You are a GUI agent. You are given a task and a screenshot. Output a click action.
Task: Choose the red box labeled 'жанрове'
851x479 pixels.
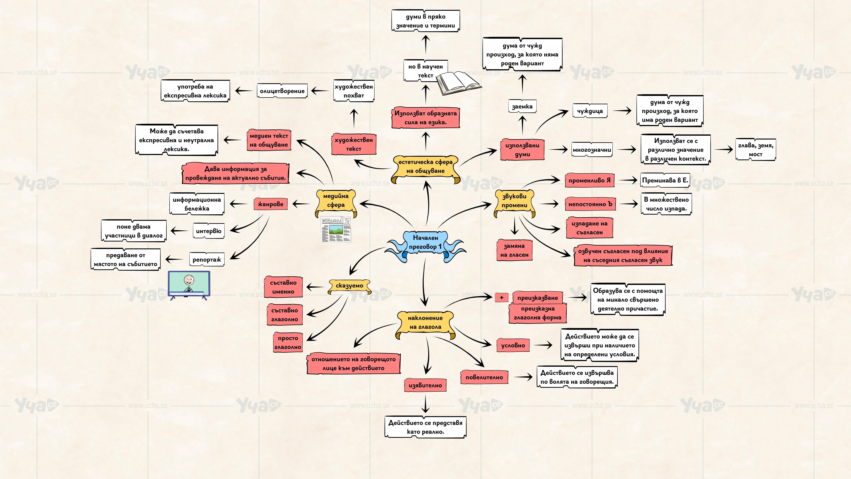(271, 204)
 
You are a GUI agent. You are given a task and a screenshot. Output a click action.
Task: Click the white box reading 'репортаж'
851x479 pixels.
(207, 260)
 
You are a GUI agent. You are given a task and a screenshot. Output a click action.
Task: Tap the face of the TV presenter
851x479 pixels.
(189, 280)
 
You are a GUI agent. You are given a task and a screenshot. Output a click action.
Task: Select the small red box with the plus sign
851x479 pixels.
(501, 297)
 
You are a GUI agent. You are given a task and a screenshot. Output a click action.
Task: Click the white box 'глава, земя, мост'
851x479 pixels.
(756, 150)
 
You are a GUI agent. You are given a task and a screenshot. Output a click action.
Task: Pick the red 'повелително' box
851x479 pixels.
(484, 377)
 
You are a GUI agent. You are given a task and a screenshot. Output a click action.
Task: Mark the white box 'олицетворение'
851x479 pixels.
(282, 91)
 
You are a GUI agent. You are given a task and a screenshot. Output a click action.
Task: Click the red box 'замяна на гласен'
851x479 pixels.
(514, 250)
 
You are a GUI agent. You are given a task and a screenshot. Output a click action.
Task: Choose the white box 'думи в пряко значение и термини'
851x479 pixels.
(425, 21)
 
